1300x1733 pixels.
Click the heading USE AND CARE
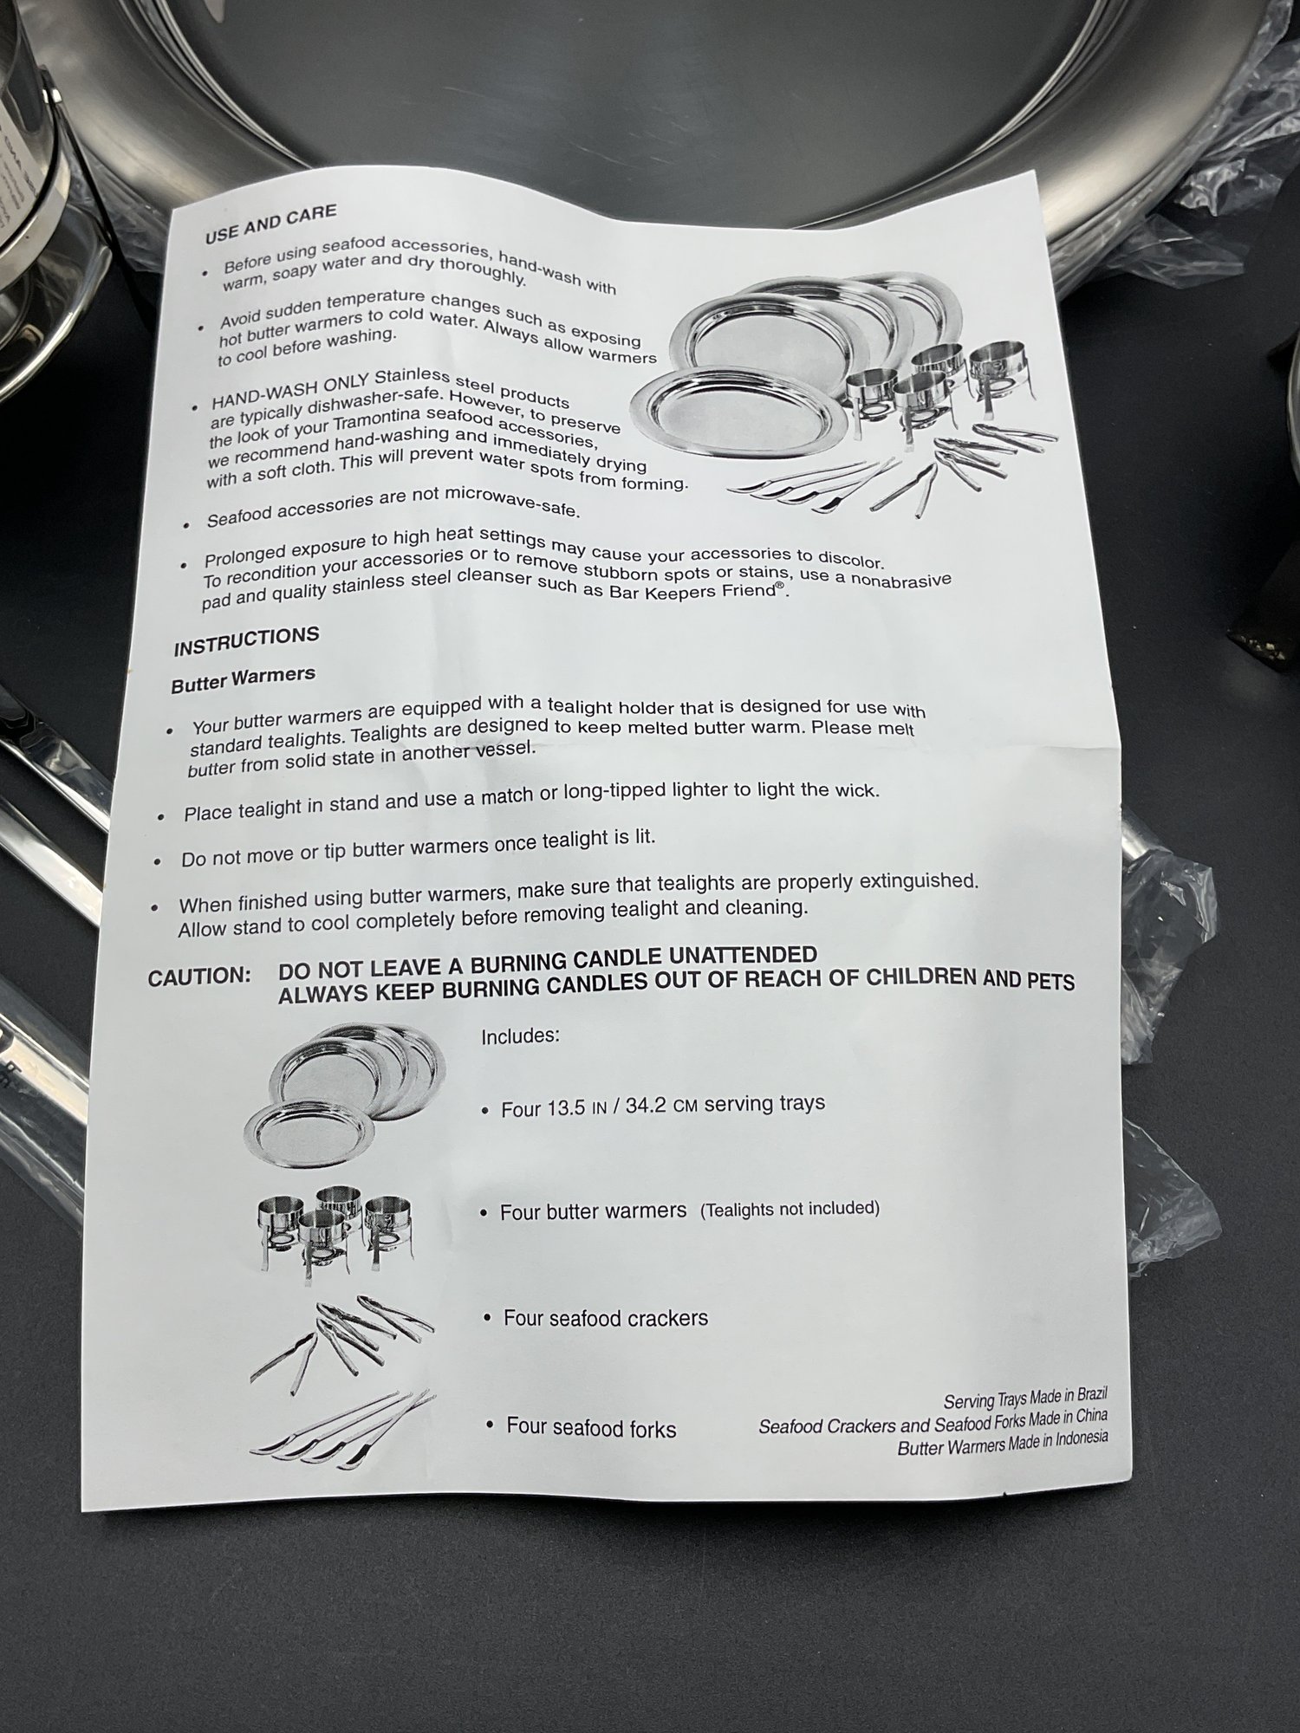[270, 223]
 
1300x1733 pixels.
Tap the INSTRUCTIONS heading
[246, 641]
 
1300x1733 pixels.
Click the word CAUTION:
[199, 977]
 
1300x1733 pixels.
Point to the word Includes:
[520, 1036]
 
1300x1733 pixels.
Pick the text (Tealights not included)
[790, 1208]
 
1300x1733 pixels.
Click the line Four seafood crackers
[606, 1318]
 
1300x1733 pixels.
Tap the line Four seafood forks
[591, 1428]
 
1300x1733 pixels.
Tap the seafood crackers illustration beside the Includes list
[342, 1343]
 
